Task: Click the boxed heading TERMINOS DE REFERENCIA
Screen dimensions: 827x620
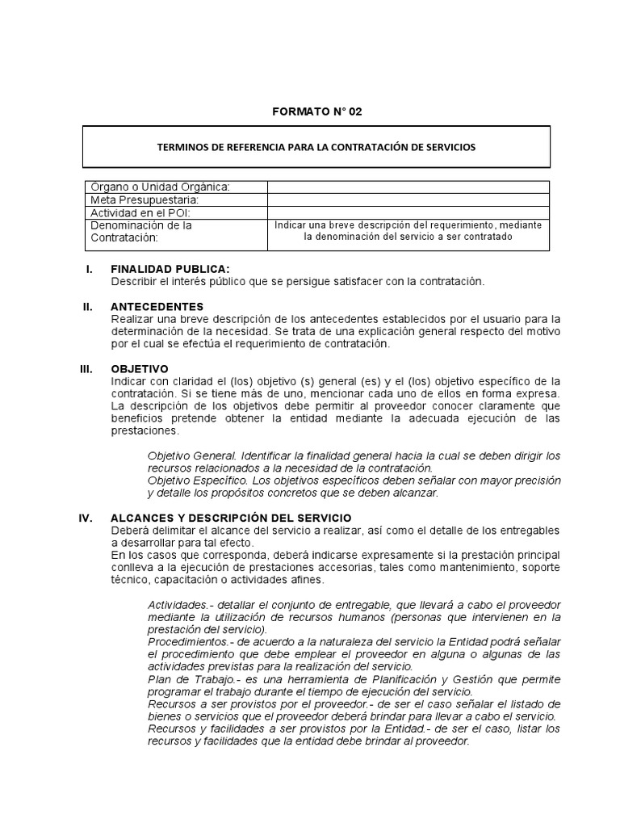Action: [316, 147]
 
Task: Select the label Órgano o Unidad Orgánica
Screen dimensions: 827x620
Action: [161, 187]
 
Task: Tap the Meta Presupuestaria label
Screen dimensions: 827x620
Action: [145, 199]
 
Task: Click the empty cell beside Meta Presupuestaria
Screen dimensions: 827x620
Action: [408, 199]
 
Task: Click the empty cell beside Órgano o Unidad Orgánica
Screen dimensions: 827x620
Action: [408, 187]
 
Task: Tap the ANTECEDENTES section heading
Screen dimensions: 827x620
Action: [157, 307]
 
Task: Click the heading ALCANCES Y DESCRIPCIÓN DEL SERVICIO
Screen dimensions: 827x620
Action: [231, 518]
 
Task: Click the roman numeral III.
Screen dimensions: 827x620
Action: [87, 368]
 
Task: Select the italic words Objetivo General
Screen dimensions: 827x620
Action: [185, 456]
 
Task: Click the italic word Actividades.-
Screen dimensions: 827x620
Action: [179, 605]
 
